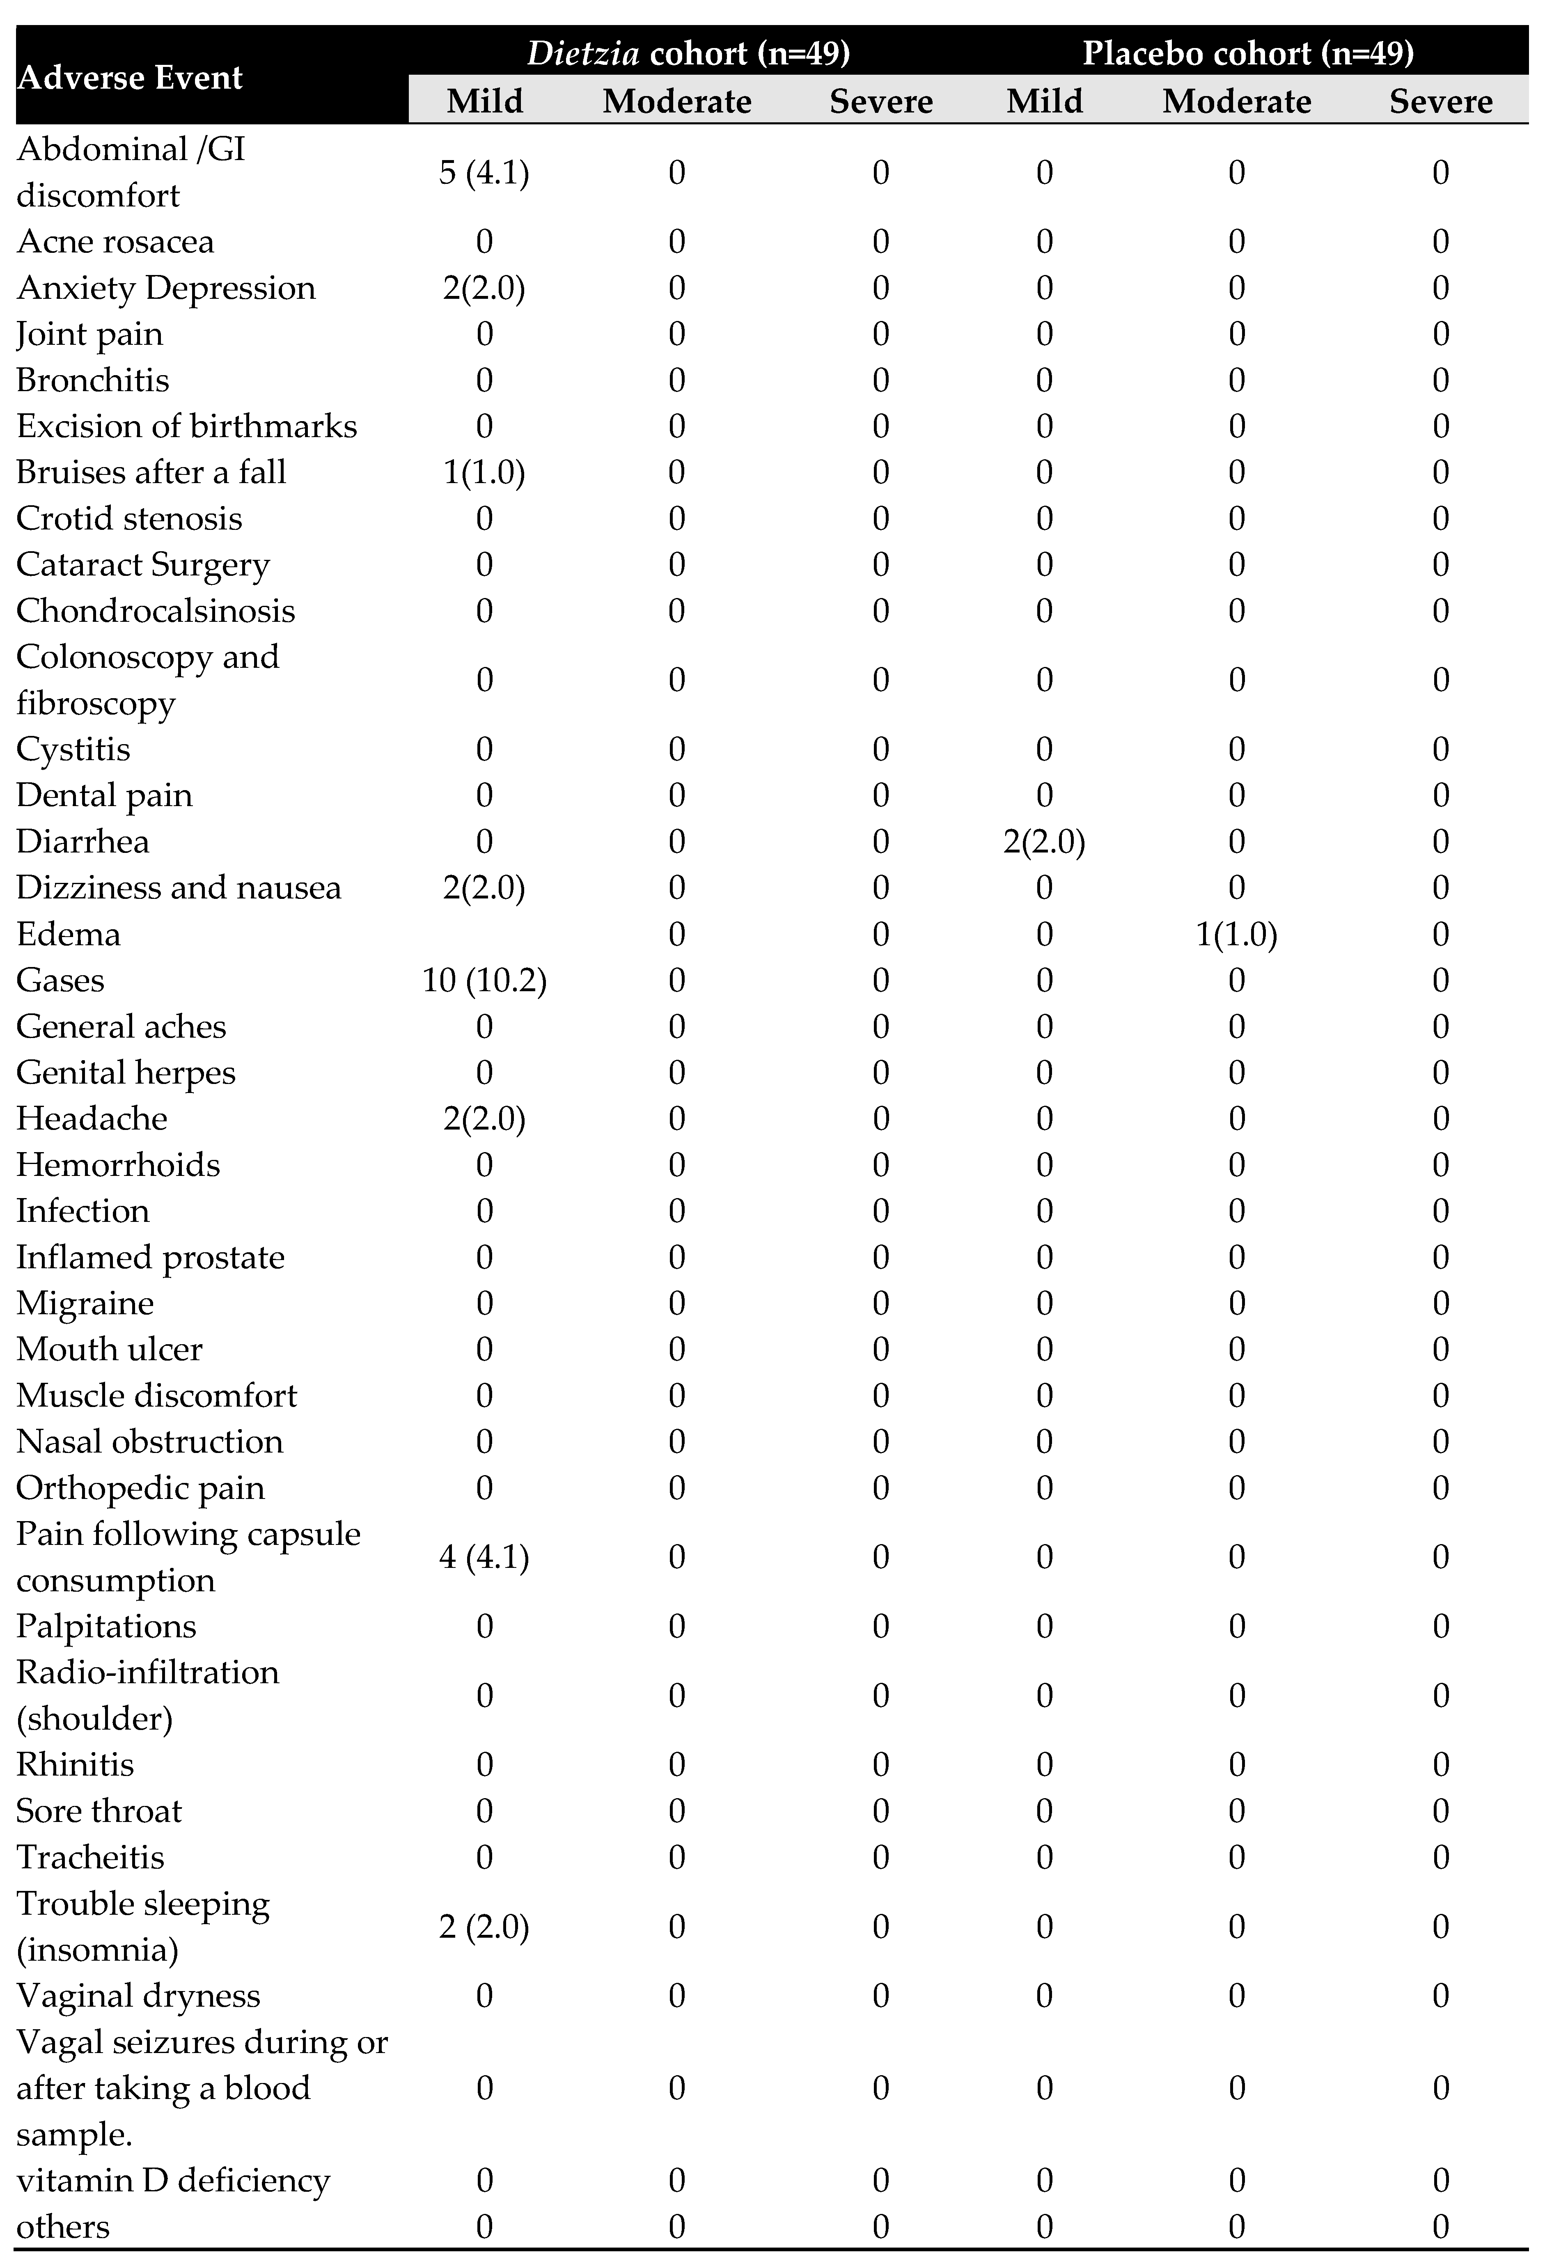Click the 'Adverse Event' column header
coord(130,77)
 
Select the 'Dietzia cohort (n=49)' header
coord(688,53)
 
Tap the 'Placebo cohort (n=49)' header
coord(1248,53)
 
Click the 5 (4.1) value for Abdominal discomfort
coord(484,172)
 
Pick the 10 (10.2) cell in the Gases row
coord(484,980)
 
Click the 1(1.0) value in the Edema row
coord(1236,934)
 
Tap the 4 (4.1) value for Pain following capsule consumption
coord(484,1557)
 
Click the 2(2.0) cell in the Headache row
coord(484,1118)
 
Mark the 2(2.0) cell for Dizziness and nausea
coord(484,887)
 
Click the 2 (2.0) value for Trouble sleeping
coord(484,1926)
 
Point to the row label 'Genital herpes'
coord(126,1072)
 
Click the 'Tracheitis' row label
coord(91,1857)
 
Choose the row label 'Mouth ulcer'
coord(109,1349)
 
